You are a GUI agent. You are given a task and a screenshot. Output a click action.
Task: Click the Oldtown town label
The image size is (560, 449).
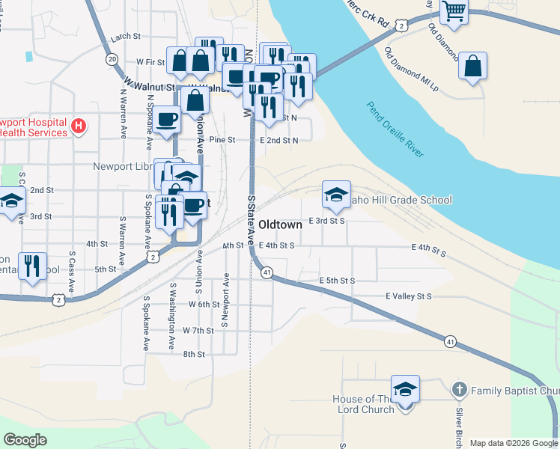pyautogui.click(x=280, y=224)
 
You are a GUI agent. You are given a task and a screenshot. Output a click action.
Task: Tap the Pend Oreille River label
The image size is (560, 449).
pyautogui.click(x=396, y=129)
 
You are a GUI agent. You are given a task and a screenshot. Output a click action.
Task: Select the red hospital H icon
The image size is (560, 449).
pyautogui.click(x=79, y=126)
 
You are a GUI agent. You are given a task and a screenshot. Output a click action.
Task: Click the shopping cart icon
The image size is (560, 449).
pyautogui.click(x=454, y=12)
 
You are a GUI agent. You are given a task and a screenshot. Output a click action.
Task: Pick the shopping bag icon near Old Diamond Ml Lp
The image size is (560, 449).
pyautogui.click(x=473, y=66)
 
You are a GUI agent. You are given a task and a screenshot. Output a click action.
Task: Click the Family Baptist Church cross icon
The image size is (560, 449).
pyautogui.click(x=460, y=390)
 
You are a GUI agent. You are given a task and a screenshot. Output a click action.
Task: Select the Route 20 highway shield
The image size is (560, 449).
pyautogui.click(x=112, y=59)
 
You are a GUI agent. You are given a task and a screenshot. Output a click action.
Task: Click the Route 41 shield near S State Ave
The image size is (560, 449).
pyautogui.click(x=267, y=273)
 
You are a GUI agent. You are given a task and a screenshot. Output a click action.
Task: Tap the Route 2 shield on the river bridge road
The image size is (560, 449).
pyautogui.click(x=403, y=25)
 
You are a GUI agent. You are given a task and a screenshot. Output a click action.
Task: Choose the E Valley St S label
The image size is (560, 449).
pyautogui.click(x=409, y=296)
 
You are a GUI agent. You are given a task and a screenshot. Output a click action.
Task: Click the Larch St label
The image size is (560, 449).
pyautogui.click(x=126, y=37)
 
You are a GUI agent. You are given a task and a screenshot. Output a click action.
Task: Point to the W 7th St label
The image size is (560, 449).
pyautogui.click(x=198, y=330)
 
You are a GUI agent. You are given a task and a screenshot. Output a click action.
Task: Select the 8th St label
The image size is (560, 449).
pyautogui.click(x=194, y=354)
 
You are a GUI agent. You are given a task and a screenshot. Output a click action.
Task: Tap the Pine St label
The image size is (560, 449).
pyautogui.click(x=222, y=140)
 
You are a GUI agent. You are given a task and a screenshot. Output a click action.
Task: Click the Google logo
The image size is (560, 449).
pyautogui.click(x=25, y=440)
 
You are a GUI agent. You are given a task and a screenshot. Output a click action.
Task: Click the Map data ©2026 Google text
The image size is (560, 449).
pyautogui.click(x=513, y=443)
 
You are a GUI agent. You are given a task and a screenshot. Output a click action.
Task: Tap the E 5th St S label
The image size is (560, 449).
pyautogui.click(x=336, y=281)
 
